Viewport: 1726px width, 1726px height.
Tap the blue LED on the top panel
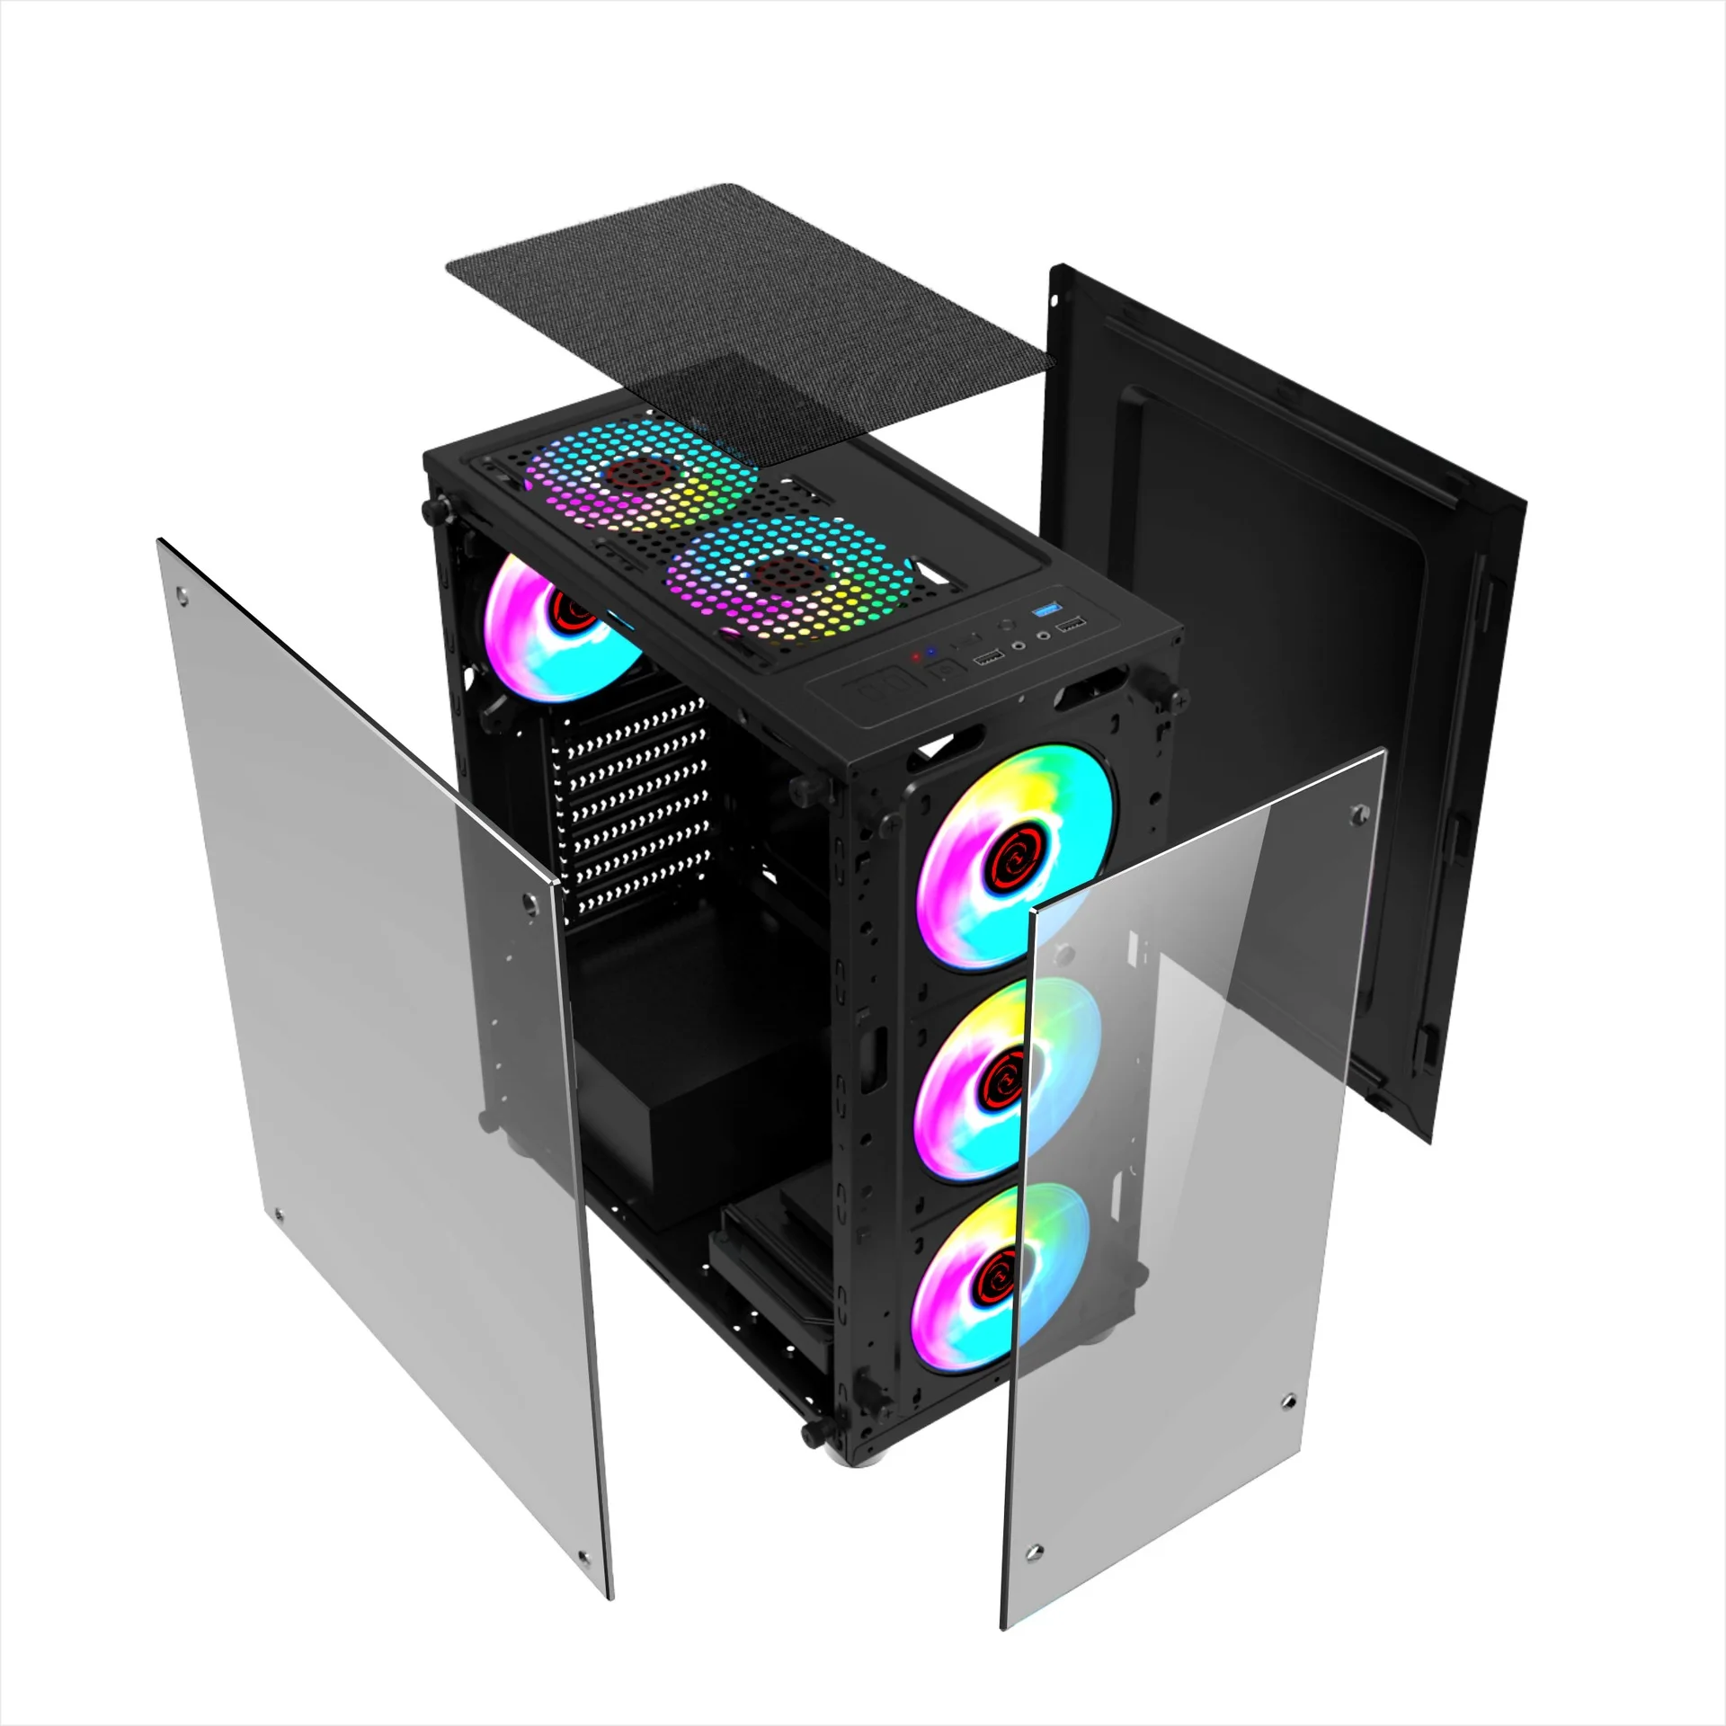pyautogui.click(x=931, y=651)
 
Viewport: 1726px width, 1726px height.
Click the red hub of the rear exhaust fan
pyautogui.click(x=573, y=611)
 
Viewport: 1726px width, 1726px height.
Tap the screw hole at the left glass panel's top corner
pyautogui.click(x=183, y=594)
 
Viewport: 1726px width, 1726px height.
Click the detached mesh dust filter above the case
pyautogui.click(x=746, y=297)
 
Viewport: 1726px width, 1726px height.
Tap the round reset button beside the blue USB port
pyautogui.click(x=1008, y=623)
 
